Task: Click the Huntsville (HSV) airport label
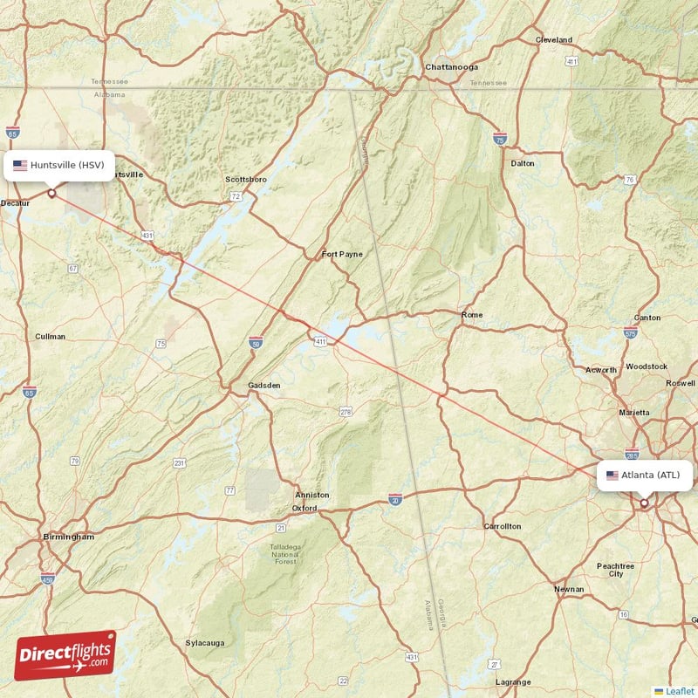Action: [59, 165]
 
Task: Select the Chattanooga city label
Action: [451, 66]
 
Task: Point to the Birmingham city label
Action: [68, 537]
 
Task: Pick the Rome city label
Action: [471, 314]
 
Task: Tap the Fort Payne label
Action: [341, 255]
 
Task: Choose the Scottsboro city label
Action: [246, 180]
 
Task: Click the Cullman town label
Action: [45, 336]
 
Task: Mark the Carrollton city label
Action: [503, 526]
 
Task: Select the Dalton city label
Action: [523, 163]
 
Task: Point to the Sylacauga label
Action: [204, 643]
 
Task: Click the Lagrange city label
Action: [512, 682]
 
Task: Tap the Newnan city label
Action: [569, 590]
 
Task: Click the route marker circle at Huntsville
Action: [51, 194]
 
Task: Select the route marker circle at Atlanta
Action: [644, 503]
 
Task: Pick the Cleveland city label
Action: [553, 40]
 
